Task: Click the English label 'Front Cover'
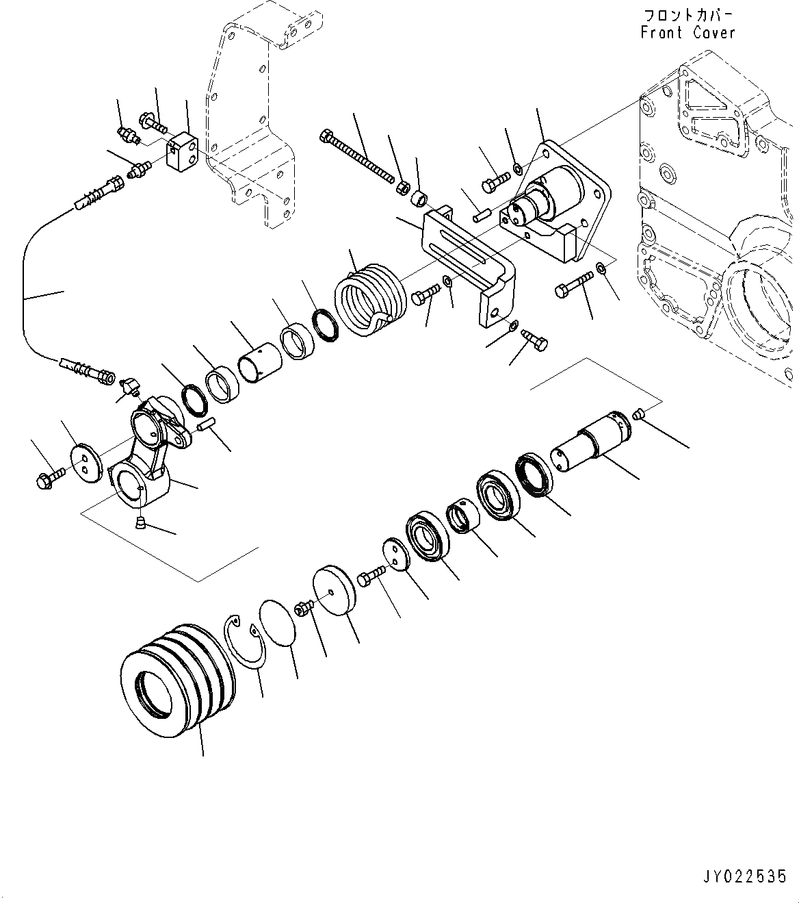(x=688, y=32)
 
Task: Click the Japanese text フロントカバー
(x=688, y=15)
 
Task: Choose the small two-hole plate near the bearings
(x=395, y=552)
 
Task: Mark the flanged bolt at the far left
(x=49, y=476)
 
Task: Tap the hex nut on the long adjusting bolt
(x=404, y=186)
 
